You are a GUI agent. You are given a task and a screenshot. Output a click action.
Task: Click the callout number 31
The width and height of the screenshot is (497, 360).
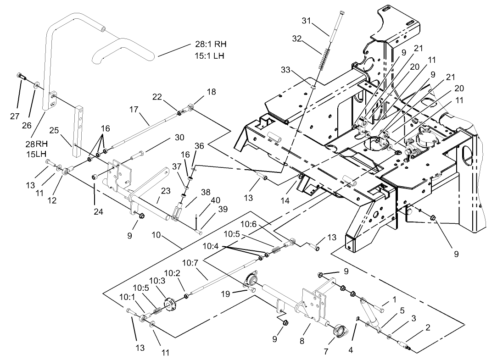307,21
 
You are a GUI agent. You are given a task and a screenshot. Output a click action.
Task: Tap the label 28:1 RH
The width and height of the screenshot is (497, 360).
208,44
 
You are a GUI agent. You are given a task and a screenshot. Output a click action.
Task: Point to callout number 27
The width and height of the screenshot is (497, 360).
14,116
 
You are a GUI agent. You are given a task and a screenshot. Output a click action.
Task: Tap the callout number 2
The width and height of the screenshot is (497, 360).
428,327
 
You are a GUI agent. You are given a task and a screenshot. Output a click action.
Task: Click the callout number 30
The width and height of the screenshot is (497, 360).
179,137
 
